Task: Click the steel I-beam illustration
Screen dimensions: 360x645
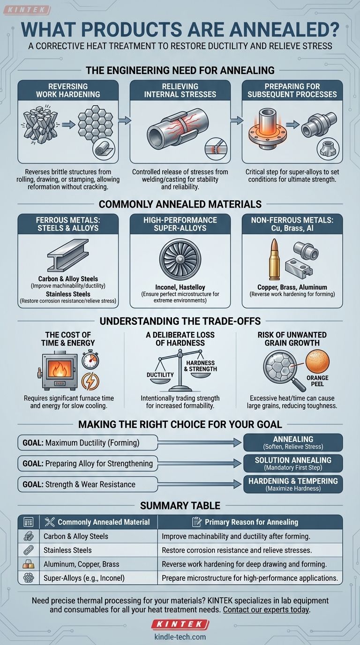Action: coord(68,255)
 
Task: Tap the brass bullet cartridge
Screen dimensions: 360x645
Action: coord(274,259)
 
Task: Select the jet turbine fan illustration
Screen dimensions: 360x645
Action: coord(180,259)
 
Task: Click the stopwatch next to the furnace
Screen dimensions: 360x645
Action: coord(90,360)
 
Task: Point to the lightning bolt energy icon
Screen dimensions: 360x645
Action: coord(90,381)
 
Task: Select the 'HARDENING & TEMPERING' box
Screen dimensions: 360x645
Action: coord(293,484)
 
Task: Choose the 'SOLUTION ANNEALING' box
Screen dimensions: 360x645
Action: coord(293,463)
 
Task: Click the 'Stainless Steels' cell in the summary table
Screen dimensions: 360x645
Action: coord(67,550)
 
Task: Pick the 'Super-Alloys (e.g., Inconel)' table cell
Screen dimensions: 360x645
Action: coord(84,578)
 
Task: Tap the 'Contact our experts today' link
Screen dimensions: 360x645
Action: coord(266,609)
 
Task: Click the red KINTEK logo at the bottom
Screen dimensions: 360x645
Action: coord(180,624)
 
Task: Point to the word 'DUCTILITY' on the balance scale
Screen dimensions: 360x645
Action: coord(160,375)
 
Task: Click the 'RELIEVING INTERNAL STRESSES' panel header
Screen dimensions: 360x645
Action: coord(180,90)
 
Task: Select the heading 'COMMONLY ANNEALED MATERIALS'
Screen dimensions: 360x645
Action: coord(180,204)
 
